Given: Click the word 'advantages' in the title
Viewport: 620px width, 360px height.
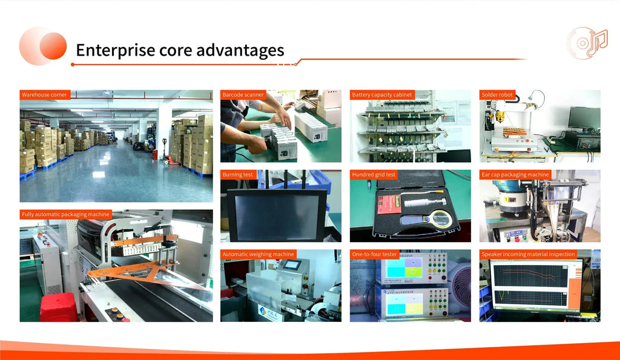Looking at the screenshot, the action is [x=240, y=51].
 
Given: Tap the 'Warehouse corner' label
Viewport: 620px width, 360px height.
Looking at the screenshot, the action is [x=45, y=95].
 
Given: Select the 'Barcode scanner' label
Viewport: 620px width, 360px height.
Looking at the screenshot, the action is [x=243, y=95].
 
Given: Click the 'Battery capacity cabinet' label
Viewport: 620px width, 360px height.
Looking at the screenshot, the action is [x=382, y=95].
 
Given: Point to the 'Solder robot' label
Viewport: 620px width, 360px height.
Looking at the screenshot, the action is [x=497, y=95].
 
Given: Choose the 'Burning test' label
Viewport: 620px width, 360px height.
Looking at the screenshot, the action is [x=237, y=175].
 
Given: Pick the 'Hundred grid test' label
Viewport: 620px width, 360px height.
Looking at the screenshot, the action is [x=374, y=175].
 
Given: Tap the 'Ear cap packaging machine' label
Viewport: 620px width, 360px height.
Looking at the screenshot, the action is [x=515, y=175].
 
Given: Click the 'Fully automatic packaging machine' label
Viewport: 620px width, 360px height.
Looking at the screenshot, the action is [x=65, y=215].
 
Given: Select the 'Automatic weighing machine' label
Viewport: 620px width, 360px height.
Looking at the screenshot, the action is [x=258, y=255].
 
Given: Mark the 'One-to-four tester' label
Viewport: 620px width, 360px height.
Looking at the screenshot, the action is [x=374, y=255].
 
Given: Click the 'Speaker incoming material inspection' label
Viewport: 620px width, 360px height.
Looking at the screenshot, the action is [x=528, y=255].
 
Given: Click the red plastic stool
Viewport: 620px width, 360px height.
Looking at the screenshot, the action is [x=59, y=307].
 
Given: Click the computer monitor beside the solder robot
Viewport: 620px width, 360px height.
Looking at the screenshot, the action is [x=584, y=119].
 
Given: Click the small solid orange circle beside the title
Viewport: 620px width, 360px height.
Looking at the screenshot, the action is [x=53, y=46].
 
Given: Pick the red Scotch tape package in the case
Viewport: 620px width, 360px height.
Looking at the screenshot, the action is [x=389, y=205].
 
